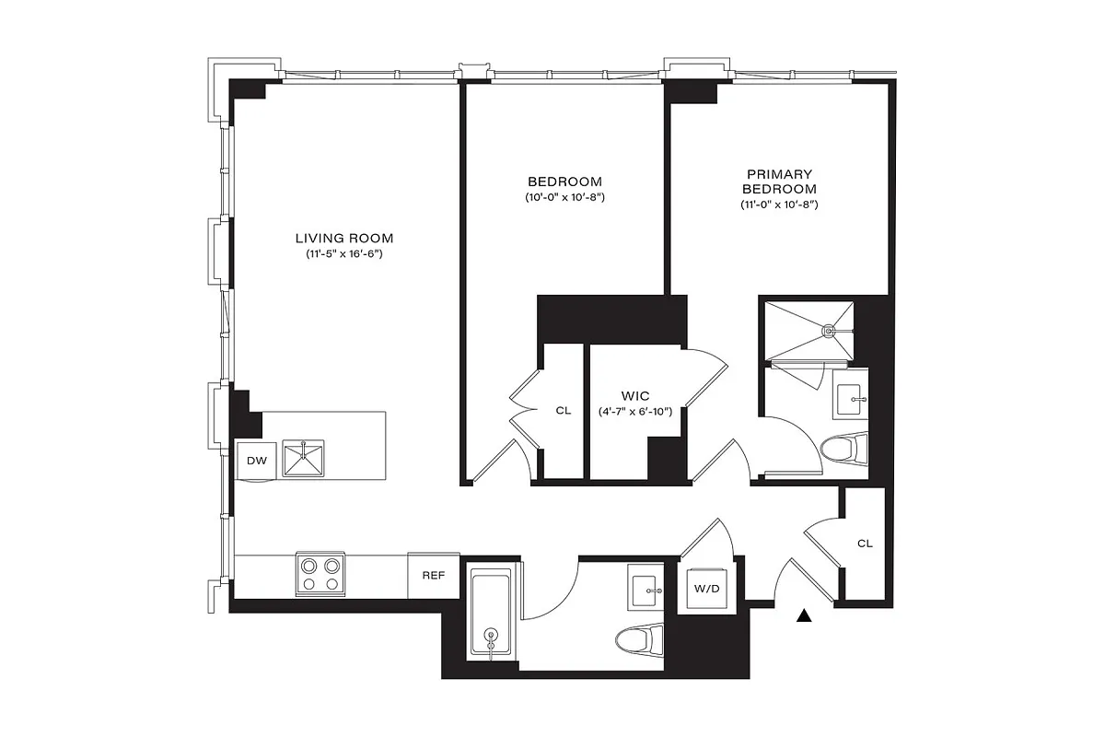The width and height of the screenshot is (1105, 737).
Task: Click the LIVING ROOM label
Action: click(343, 238)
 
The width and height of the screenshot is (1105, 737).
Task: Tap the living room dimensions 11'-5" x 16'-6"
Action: click(343, 253)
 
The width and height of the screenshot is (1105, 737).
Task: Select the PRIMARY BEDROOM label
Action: click(779, 181)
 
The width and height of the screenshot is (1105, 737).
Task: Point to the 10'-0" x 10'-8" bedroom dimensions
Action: click(564, 197)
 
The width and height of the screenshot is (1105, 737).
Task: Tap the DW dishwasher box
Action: click(256, 462)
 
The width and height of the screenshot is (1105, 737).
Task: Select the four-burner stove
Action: click(320, 574)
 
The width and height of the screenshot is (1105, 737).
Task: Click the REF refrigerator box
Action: click(434, 575)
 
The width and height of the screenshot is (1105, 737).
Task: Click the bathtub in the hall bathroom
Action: click(491, 614)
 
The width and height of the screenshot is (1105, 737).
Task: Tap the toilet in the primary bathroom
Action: click(843, 450)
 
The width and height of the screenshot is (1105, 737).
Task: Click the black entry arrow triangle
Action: click(806, 616)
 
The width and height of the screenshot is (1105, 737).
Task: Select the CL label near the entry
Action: click(864, 544)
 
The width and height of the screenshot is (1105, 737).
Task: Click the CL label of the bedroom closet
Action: click(563, 411)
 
